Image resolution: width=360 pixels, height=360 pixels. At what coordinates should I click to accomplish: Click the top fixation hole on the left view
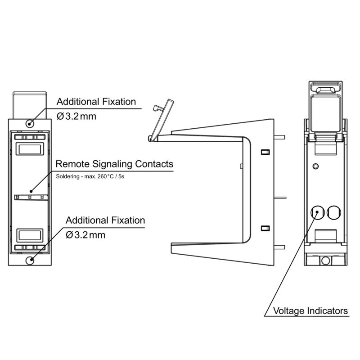pyautogui.click(x=31, y=123)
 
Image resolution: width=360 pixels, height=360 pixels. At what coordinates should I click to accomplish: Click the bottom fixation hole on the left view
pyautogui.click(x=31, y=260)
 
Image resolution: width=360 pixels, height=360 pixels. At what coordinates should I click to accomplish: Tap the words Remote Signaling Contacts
pyautogui.click(x=114, y=164)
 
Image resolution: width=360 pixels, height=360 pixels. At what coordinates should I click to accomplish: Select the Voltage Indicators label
pyautogui.click(x=311, y=310)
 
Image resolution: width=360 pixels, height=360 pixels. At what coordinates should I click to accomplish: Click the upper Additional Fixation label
pyautogui.click(x=96, y=102)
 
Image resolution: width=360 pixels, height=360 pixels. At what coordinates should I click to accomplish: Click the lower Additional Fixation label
pyautogui.click(x=105, y=220)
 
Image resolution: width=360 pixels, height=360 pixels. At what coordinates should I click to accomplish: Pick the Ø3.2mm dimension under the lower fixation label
pyautogui.click(x=85, y=235)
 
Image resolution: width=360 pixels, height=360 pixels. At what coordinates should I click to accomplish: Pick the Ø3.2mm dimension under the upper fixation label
pyautogui.click(x=76, y=116)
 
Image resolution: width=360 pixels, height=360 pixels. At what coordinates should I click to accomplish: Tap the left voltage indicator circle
pyautogui.click(x=317, y=211)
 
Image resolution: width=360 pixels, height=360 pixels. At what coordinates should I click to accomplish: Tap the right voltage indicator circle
pyautogui.click(x=334, y=211)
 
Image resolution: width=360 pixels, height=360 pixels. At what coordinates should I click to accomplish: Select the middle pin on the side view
pyautogui.click(x=279, y=197)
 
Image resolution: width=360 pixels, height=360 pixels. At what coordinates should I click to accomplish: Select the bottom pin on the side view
pyautogui.click(x=279, y=247)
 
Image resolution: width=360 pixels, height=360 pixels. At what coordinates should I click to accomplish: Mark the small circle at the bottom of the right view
pyautogui.click(x=325, y=260)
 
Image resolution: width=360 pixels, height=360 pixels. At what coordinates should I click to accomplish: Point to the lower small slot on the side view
pyautogui.click(x=265, y=227)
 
